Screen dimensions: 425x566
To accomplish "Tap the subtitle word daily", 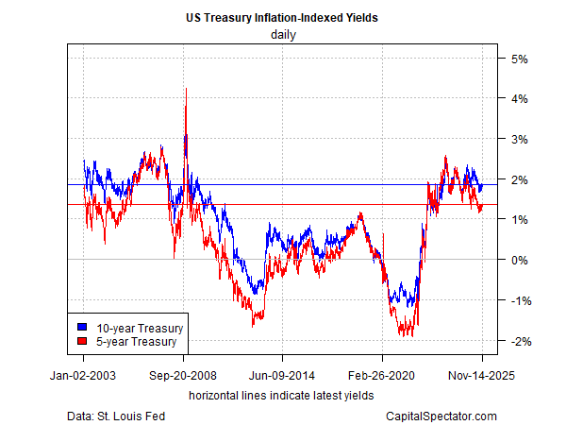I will tap(282, 34).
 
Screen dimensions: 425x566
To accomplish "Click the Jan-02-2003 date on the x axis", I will tap(83, 374).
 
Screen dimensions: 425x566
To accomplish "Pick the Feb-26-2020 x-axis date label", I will tap(382, 374).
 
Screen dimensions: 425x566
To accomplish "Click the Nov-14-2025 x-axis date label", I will tap(482, 374).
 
